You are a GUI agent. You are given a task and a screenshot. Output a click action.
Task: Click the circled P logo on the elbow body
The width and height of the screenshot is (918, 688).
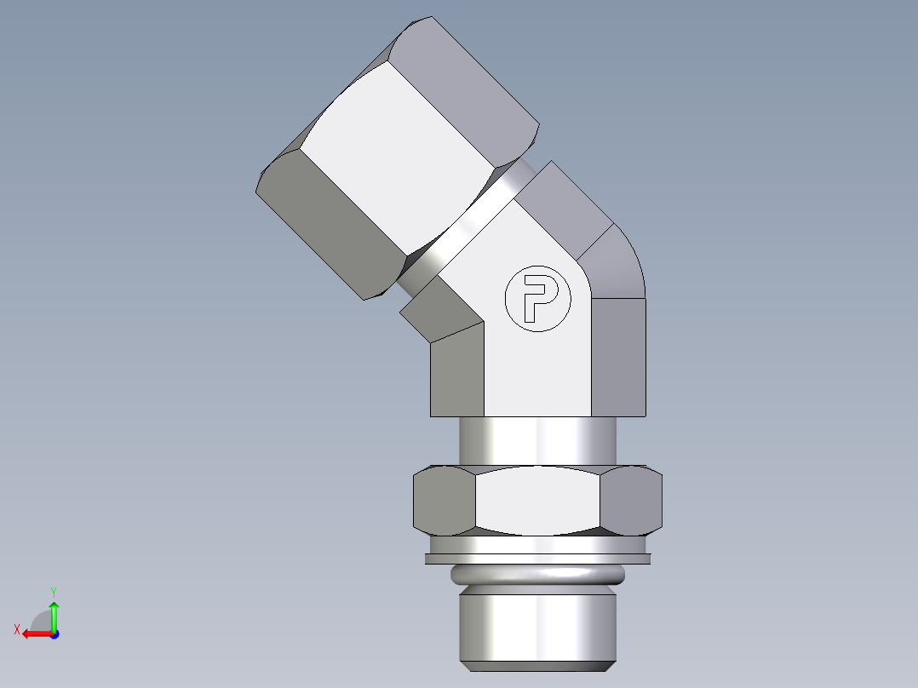click(x=533, y=299)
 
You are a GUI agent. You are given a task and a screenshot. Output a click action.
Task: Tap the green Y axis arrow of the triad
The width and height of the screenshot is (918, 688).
click(x=54, y=612)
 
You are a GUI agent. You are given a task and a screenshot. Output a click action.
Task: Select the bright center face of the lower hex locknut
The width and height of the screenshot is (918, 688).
click(x=537, y=502)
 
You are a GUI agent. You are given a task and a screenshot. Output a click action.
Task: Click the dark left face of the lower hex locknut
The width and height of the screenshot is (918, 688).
click(x=444, y=501)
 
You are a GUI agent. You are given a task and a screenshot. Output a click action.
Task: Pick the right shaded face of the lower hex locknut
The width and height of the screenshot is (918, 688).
click(x=631, y=501)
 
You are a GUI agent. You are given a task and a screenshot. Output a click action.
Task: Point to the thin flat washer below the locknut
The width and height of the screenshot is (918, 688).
click(x=537, y=559)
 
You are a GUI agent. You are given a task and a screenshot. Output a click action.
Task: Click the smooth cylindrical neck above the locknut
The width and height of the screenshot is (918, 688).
click(x=537, y=441)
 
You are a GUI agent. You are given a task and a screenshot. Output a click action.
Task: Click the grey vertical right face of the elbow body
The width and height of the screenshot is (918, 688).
click(x=618, y=358)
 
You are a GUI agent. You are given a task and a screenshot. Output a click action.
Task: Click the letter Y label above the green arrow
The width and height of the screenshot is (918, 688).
click(x=53, y=591)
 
